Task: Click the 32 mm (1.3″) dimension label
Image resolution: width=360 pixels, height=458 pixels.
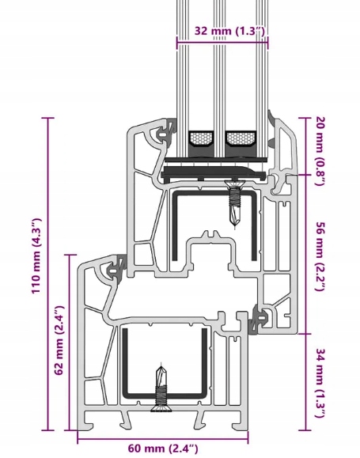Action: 229,31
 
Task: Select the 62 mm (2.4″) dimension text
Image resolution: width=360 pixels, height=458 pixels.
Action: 59,340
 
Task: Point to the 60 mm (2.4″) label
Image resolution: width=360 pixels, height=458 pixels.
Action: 163,448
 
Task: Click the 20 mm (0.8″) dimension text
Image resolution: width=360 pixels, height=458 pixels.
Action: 320,151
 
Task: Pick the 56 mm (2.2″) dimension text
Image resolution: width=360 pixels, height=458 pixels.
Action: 320,256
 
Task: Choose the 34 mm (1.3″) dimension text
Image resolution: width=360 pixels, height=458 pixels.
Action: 320,383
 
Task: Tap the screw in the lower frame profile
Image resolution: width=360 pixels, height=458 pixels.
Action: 161,388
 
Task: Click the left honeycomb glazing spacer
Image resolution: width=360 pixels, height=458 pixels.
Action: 201,138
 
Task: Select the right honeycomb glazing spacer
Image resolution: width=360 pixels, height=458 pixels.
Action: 241,138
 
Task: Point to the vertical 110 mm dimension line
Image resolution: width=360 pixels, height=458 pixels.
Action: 48,274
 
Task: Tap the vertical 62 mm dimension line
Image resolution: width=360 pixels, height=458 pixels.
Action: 70,343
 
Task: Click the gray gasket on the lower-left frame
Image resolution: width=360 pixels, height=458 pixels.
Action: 114,268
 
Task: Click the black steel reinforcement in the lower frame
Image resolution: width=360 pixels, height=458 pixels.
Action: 165,365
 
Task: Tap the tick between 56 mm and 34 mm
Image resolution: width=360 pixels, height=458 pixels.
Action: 306,334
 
